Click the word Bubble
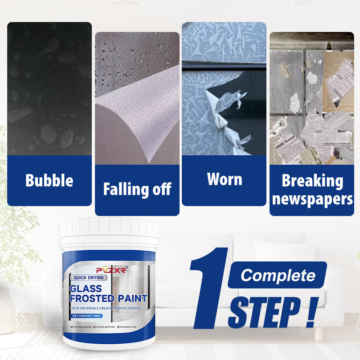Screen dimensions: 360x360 tap(49, 180)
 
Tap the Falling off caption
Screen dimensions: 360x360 tap(137, 189)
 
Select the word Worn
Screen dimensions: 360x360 tap(224, 179)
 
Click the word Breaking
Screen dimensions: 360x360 tap(312, 181)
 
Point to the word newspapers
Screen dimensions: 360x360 tap(312, 199)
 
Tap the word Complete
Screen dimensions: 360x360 tap(277, 275)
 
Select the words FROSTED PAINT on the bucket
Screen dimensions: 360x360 tap(108, 298)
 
